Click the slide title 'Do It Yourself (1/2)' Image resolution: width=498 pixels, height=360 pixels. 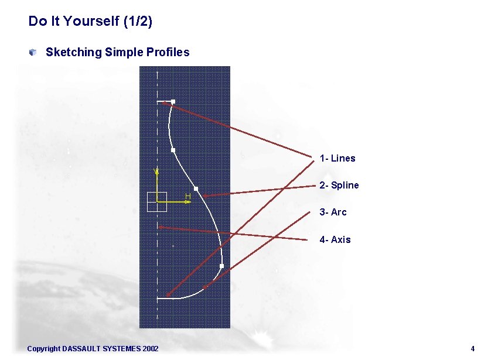coord(90,22)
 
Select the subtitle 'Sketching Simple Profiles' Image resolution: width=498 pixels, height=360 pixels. coord(117,52)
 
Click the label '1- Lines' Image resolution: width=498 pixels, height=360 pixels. coord(337,159)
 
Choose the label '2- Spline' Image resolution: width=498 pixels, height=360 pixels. coord(339,186)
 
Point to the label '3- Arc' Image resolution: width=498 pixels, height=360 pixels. coord(333,212)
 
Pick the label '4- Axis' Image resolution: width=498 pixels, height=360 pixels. coord(335,239)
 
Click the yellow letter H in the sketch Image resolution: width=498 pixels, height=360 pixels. coord(188,196)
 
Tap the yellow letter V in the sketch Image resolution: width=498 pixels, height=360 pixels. coord(155,171)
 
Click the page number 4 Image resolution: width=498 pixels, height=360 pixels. coord(472,349)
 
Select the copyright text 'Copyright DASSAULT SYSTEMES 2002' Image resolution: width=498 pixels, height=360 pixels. coord(93,349)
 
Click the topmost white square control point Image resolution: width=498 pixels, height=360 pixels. coord(173,102)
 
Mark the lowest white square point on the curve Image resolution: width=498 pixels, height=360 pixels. coord(221,266)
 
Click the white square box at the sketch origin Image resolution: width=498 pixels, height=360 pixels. coord(157,201)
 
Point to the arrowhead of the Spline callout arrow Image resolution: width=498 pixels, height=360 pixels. coord(205,196)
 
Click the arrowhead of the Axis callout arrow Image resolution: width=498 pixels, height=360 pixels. coord(161,227)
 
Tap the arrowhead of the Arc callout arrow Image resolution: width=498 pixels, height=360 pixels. coord(204,287)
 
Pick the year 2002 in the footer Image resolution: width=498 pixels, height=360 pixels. coord(150,349)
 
